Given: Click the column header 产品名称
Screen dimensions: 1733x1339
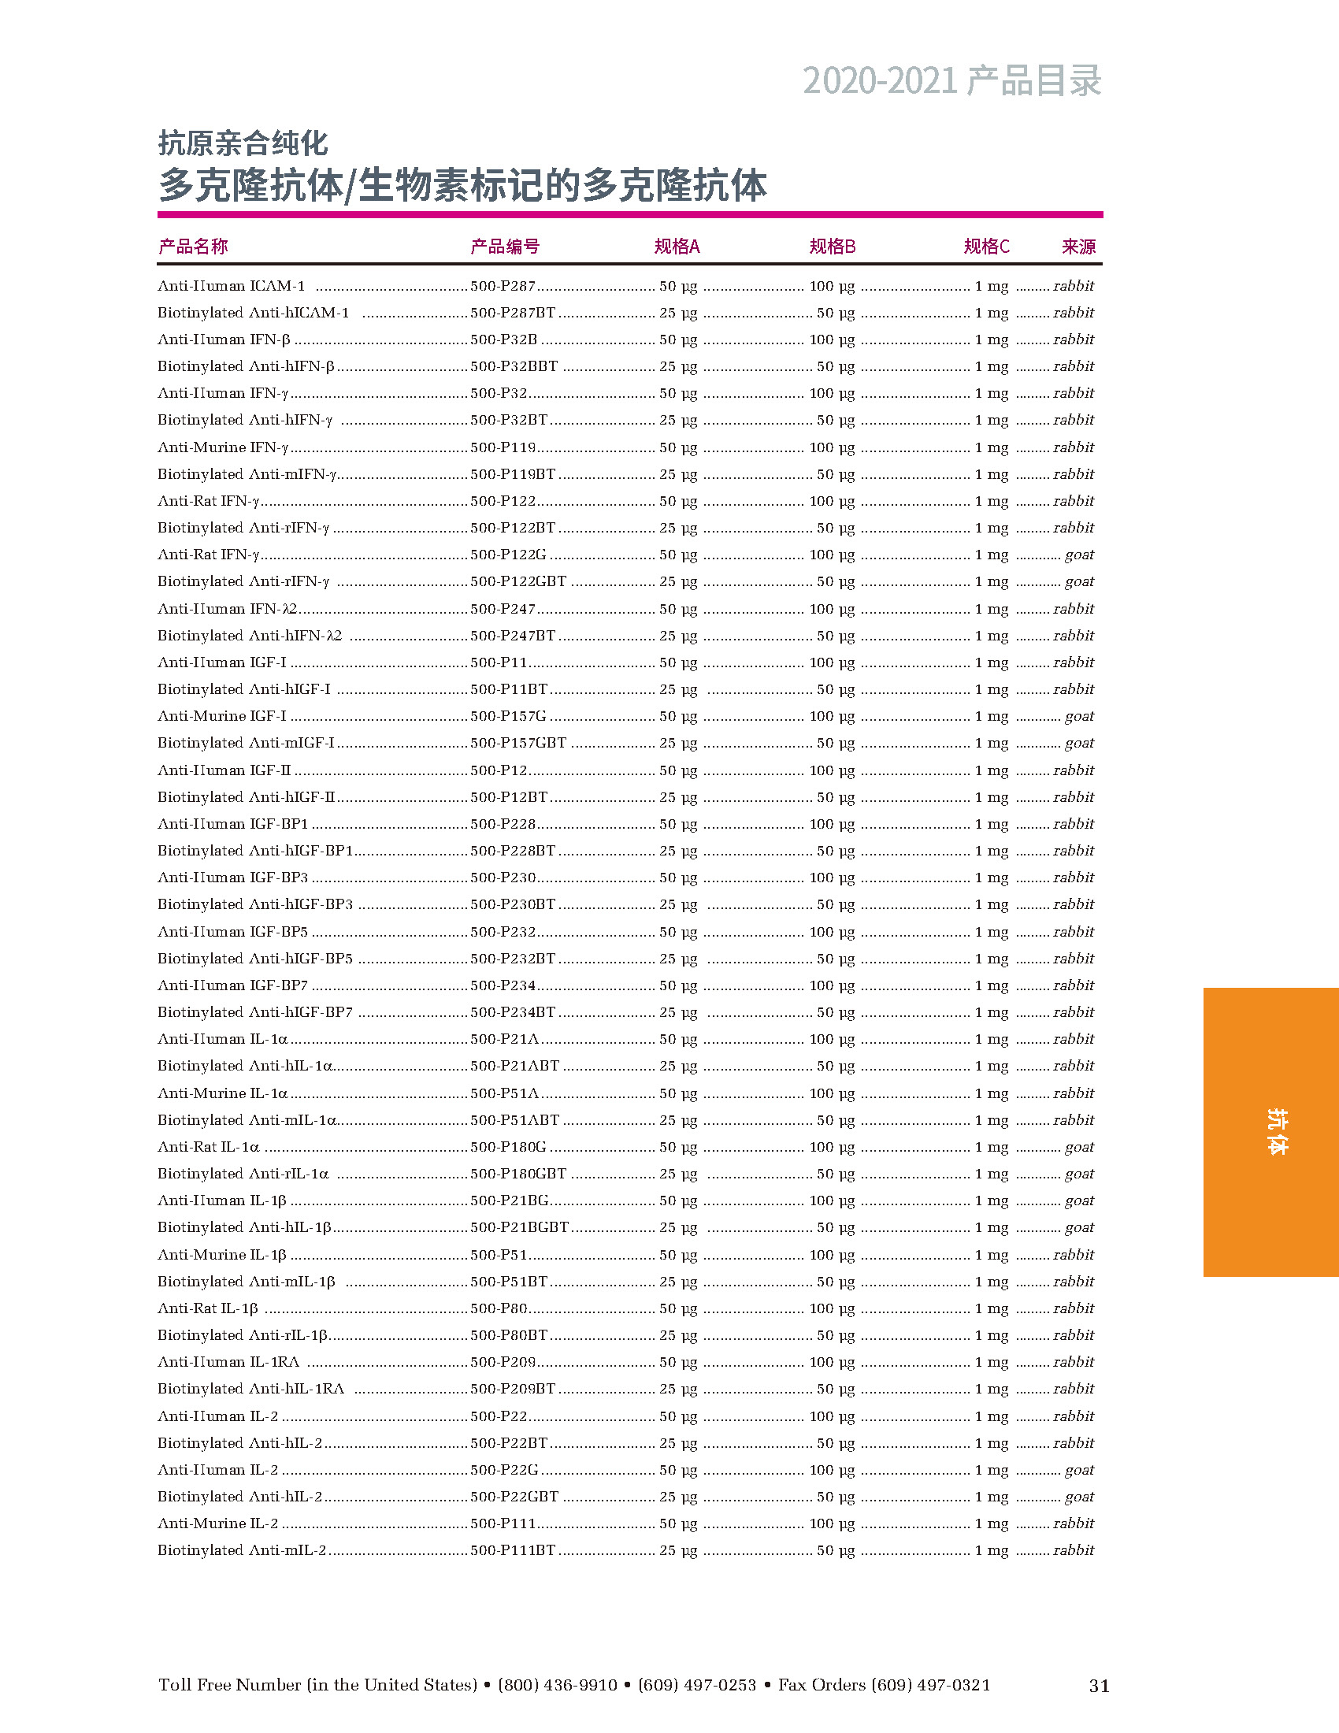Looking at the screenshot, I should (193, 247).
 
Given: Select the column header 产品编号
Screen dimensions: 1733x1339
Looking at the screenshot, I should (505, 247).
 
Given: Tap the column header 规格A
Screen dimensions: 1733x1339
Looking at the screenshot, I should (677, 247).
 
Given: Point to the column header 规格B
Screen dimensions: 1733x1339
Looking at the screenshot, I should (832, 247).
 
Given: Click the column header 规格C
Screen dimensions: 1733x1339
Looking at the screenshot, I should (986, 247).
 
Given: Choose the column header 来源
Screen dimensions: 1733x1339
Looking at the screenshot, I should (1078, 247).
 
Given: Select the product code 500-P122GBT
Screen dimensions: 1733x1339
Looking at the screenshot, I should (518, 581).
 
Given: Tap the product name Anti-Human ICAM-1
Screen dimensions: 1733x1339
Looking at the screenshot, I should (231, 286).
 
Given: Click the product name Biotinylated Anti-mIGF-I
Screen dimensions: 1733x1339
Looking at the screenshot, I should (246, 743).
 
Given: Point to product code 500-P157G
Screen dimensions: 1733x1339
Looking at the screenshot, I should (508, 716).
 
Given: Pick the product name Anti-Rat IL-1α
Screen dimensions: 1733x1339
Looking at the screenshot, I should (209, 1147).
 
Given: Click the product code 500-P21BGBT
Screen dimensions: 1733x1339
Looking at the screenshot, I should (520, 1226).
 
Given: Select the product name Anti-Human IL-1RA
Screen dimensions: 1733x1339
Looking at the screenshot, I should (228, 1362).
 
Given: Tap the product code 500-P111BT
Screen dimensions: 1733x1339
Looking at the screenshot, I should (513, 1549).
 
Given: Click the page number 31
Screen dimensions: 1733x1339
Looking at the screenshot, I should (1099, 1686).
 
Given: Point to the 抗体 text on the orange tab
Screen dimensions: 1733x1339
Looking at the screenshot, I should (1276, 1131).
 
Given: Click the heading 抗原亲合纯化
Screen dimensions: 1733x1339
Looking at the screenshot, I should (243, 143).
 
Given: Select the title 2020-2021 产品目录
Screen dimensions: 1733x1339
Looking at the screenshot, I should (952, 81).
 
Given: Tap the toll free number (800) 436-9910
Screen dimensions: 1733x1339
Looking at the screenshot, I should (557, 1685).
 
